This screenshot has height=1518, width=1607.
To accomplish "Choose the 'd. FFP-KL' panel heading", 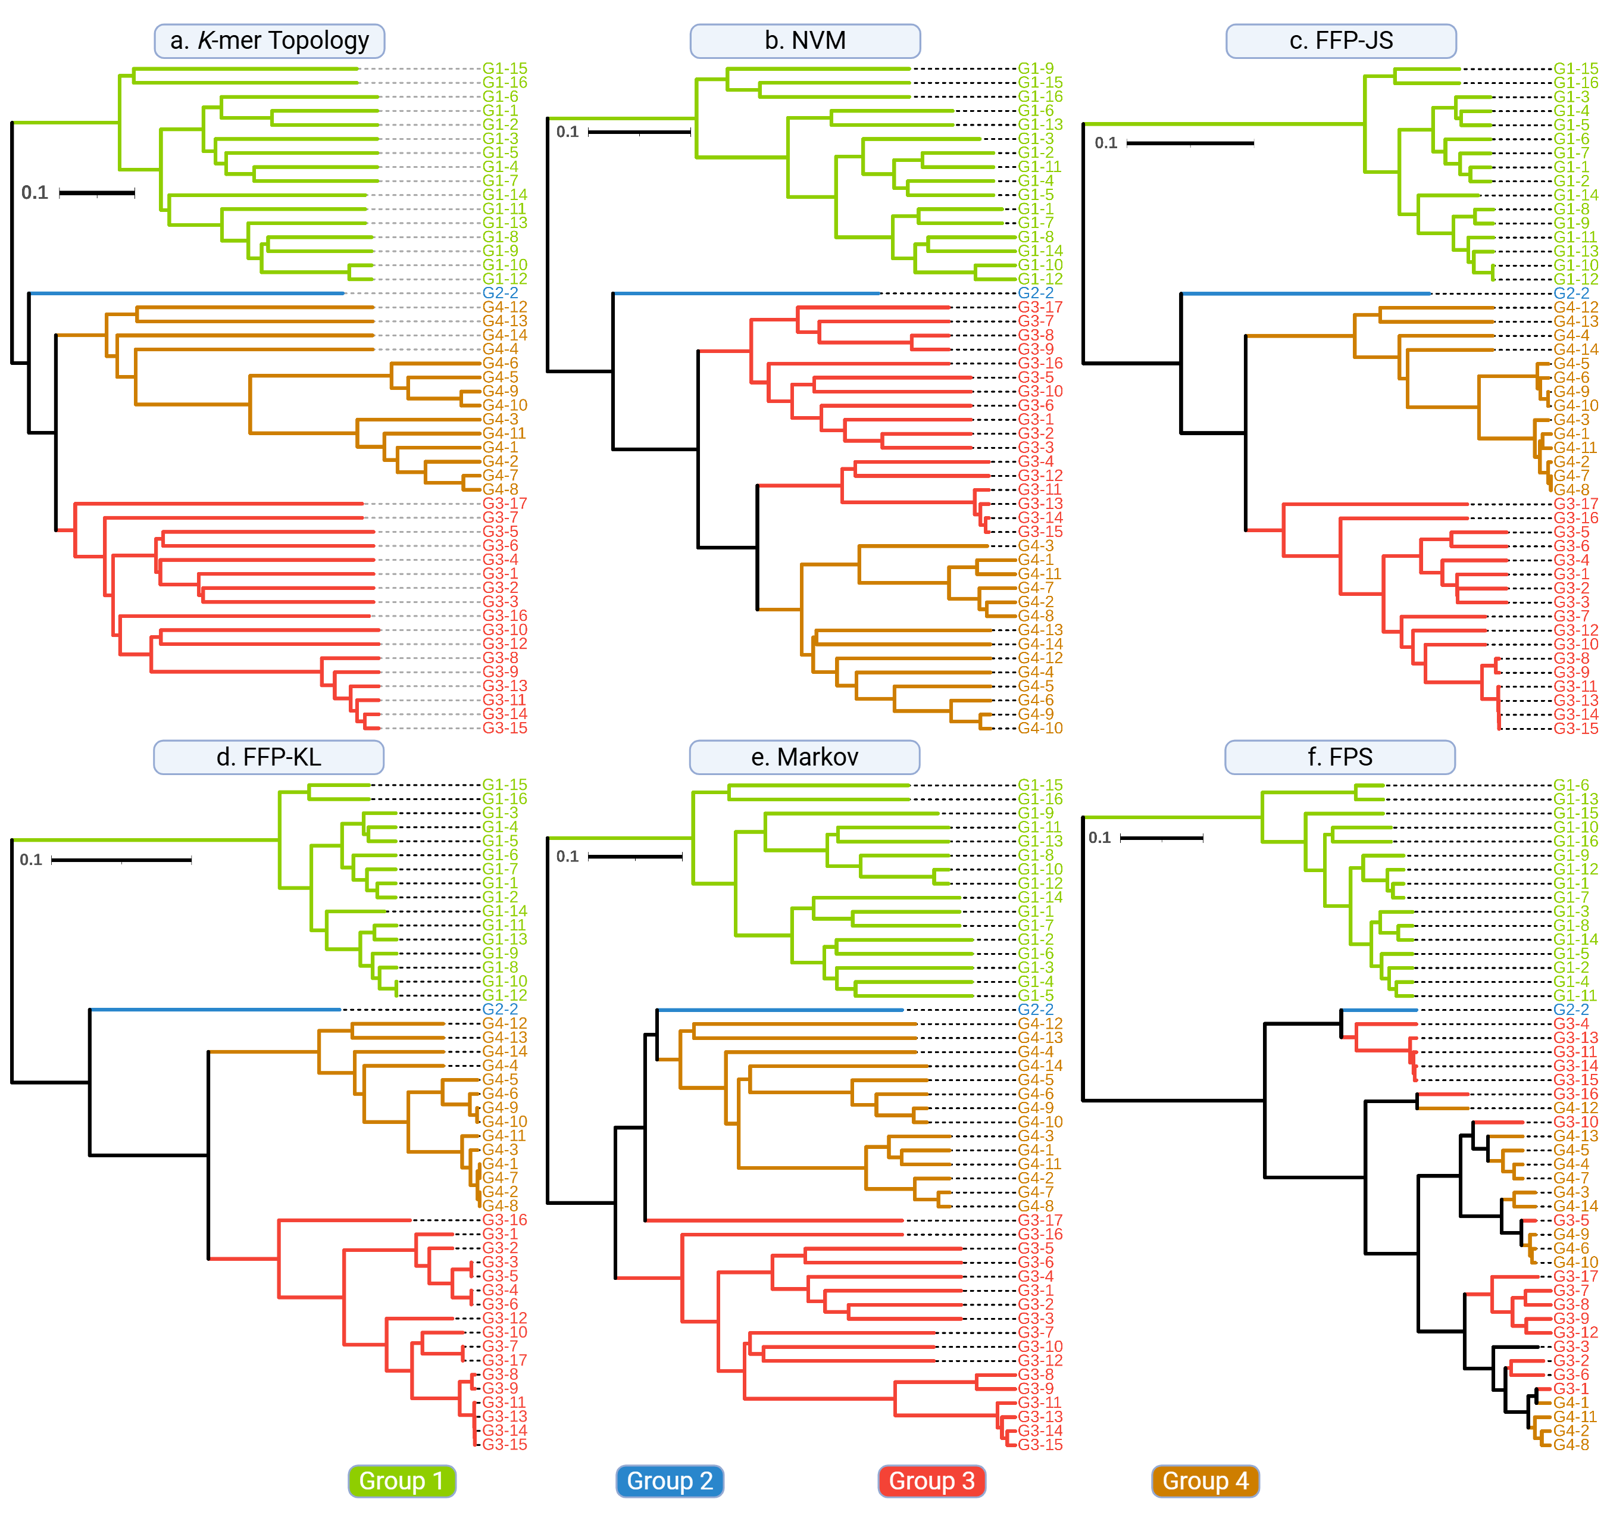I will [268, 757].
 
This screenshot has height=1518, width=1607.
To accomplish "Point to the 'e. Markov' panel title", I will [804, 757].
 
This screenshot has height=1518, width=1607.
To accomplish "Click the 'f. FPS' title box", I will [1339, 757].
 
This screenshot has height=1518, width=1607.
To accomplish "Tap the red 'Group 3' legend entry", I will [931, 1480].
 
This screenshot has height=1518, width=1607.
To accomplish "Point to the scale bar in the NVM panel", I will [639, 132].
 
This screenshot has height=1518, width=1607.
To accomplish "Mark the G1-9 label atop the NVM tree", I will [1036, 69].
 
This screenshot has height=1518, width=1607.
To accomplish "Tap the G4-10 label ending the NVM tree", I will [1040, 728].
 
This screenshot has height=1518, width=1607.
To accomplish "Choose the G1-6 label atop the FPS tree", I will [1571, 785].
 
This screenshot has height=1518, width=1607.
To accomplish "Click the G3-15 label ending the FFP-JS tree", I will [1575, 728].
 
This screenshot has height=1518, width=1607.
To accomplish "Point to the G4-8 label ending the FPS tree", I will [1571, 1444].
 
